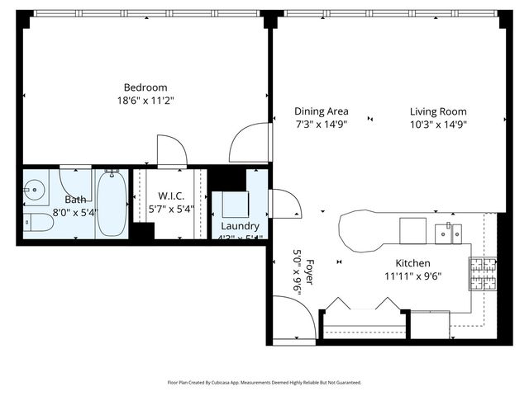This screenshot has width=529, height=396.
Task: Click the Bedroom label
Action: (145, 87)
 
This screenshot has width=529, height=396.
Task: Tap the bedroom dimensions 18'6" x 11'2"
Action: (145, 101)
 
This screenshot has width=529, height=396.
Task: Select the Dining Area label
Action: (322, 111)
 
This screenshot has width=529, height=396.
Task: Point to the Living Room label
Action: (438, 111)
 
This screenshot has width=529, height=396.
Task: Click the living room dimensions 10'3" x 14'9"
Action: (438, 125)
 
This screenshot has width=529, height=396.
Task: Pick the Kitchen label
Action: (412, 263)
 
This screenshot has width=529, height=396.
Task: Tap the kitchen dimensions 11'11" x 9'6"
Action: (412, 276)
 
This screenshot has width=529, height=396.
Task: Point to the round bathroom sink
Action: (34, 190)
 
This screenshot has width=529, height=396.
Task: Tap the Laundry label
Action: (240, 226)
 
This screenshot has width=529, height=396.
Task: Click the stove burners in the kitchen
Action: (482, 274)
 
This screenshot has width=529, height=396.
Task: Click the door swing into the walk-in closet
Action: (171, 150)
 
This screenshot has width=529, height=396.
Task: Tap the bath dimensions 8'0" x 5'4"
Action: (75, 212)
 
